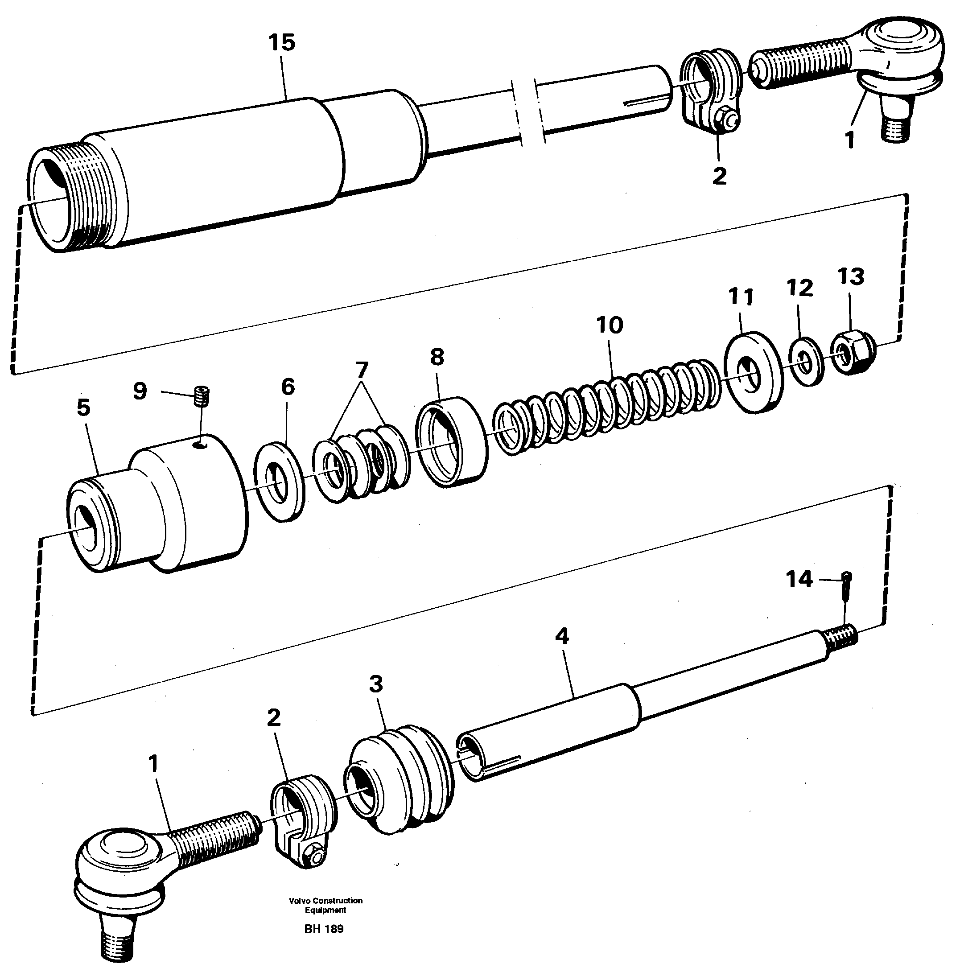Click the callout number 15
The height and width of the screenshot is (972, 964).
point(281,43)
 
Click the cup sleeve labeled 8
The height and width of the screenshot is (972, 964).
point(451,441)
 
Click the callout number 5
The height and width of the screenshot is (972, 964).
point(83,408)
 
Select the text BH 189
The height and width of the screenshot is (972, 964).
point(324,929)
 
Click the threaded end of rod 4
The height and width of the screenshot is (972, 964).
point(841,638)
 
